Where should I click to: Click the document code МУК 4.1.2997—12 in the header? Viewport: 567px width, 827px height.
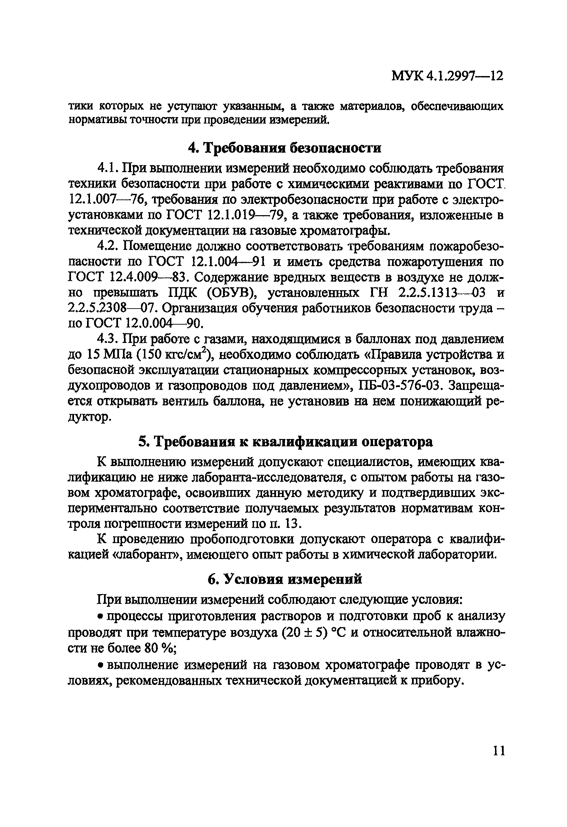point(447,76)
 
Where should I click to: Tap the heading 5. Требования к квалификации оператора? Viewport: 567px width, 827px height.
point(285,442)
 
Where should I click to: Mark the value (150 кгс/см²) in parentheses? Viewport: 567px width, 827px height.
point(175,354)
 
